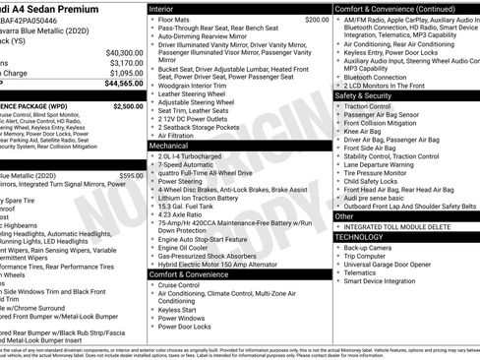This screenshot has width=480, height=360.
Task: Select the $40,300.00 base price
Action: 124,52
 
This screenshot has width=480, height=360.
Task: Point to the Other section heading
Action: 344,215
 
